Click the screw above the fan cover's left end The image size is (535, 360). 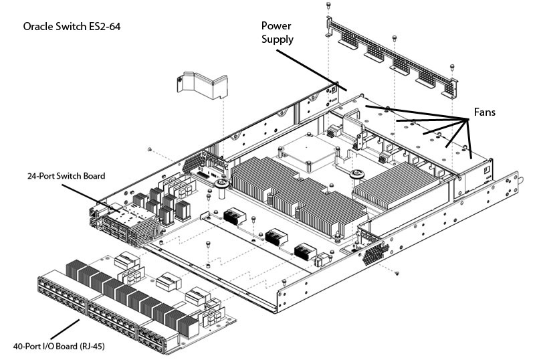(328, 5)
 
